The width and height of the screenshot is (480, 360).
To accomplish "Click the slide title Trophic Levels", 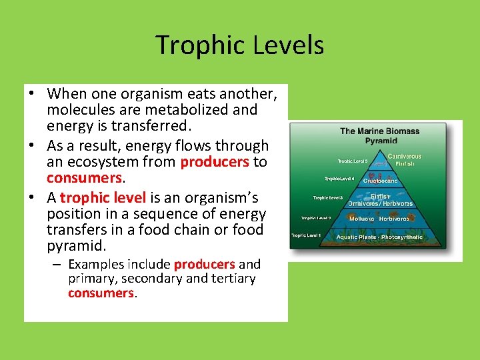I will [240, 45].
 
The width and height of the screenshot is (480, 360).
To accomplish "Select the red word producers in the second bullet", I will [214, 162].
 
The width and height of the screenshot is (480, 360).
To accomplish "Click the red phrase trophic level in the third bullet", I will [103, 198].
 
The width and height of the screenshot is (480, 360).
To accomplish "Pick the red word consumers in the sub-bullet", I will [101, 293].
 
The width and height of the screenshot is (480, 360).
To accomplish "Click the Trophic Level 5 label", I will [352, 161].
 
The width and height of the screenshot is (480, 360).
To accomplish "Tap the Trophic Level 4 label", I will [340, 179].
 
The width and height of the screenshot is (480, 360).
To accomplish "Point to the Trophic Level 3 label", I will [328, 198].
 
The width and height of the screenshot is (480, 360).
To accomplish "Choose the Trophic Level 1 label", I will [305, 235].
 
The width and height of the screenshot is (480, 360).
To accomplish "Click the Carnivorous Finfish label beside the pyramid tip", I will [404, 160].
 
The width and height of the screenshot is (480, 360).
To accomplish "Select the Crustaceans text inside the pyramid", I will [380, 181].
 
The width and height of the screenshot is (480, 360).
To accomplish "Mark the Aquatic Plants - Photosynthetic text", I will [379, 237].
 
